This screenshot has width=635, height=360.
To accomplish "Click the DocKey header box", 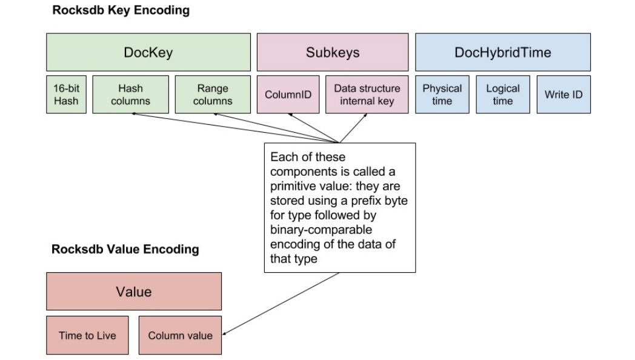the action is (148, 52).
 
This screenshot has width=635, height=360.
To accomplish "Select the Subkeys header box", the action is (333, 52).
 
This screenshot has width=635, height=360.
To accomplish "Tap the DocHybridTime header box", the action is (502, 52).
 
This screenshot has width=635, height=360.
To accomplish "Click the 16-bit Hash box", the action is (67, 95).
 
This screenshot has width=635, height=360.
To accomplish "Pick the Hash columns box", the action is (130, 95).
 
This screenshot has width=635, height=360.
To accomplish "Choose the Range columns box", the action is (213, 95).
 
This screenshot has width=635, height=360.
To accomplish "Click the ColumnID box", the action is (288, 95).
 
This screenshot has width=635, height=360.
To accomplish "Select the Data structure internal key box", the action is (367, 95).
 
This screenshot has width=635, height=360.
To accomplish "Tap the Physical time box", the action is (442, 95).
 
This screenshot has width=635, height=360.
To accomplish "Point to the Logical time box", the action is (503, 95).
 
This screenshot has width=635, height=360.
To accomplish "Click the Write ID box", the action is (564, 95).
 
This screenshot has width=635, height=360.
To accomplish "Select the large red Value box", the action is (134, 291).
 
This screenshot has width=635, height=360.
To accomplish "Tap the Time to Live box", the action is (87, 335).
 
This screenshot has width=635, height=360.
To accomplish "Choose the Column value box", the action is (180, 335).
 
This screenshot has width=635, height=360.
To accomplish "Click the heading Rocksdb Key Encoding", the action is (121, 10).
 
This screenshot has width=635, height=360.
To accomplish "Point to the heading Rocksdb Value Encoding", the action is (125, 249).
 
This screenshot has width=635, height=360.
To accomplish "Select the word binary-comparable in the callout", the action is (321, 230).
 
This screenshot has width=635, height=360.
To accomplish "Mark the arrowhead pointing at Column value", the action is (225, 333).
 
